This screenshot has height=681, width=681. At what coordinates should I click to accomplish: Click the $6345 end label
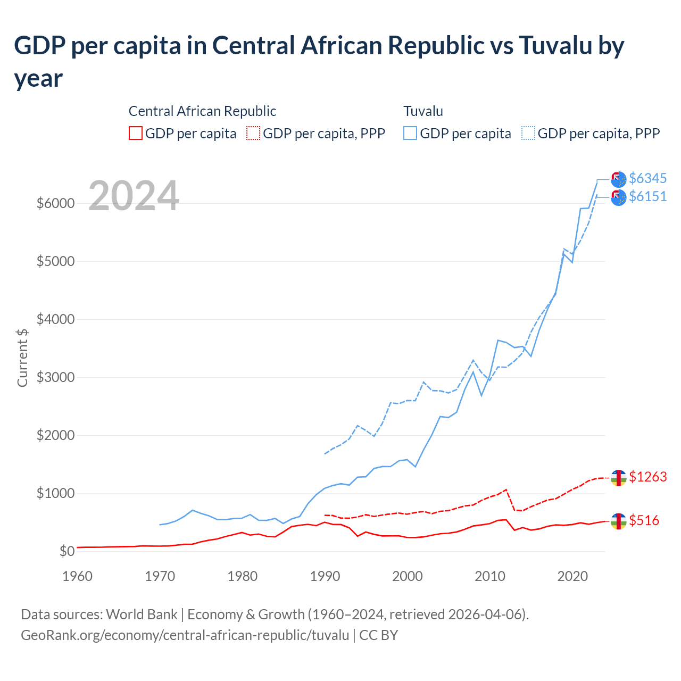tap(647, 178)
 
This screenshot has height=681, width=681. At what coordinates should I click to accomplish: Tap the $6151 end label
tap(647, 196)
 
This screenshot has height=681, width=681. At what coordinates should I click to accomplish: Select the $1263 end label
tap(647, 477)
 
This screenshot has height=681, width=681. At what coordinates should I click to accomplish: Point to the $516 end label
tap(644, 520)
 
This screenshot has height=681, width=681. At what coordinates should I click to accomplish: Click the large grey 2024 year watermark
tap(134, 196)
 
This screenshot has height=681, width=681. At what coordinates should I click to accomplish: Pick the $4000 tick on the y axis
tap(55, 319)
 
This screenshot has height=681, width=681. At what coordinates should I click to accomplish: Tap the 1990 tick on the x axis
tap(325, 576)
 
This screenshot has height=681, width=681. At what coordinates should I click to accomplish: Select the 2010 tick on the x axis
tap(489, 576)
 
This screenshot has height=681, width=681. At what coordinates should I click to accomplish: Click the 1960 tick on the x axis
tap(77, 576)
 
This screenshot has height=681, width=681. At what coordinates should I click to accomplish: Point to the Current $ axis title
tap(22, 358)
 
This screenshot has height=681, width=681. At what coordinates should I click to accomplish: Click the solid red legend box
tap(136, 133)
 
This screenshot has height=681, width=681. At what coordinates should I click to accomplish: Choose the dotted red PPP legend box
tap(253, 133)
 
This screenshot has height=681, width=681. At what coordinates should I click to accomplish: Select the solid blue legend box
tap(410, 133)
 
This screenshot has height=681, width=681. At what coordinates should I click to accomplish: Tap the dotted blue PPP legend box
tap(528, 133)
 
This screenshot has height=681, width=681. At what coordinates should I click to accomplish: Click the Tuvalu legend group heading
tap(423, 111)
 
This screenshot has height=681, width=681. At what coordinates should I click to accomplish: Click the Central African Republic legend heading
tap(202, 111)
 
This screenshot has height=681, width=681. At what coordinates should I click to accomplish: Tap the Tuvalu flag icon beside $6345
tap(618, 179)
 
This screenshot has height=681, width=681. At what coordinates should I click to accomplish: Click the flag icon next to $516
tap(618, 521)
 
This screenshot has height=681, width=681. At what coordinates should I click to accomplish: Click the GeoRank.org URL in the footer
tap(185, 635)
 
